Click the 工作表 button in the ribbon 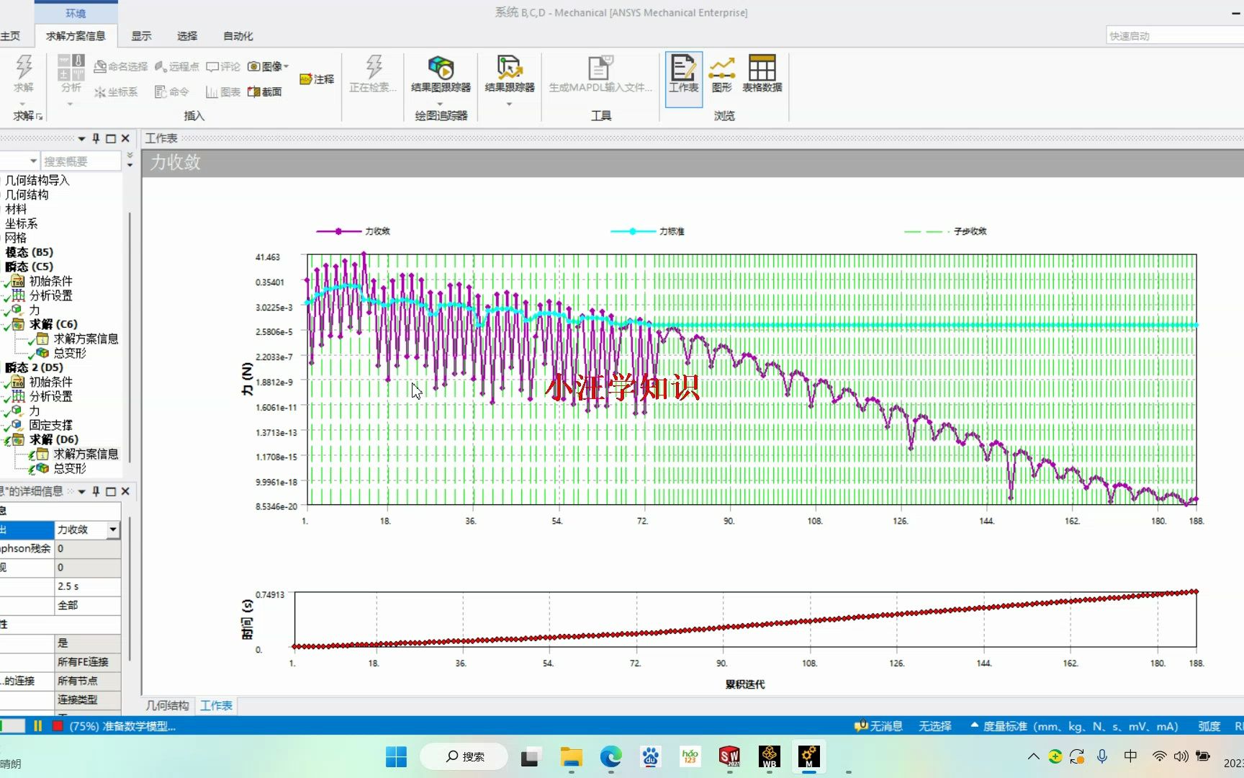pos(683,75)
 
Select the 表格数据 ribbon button pos(762,75)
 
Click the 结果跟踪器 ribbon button pos(509,75)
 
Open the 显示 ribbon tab pos(141,36)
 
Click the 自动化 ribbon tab pos(238,36)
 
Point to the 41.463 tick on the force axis pos(268,257)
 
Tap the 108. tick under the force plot pos(814,521)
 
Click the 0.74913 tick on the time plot pos(270,595)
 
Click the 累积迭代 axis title pos(744,684)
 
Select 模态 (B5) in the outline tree pos(30,252)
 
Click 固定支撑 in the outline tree pos(50,425)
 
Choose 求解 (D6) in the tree pos(54,439)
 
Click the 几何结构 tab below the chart pos(168,706)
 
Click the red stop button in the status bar pos(58,726)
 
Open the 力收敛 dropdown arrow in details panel pos(113,529)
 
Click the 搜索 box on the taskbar pos(464,756)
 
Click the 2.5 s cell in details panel pos(86,586)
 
